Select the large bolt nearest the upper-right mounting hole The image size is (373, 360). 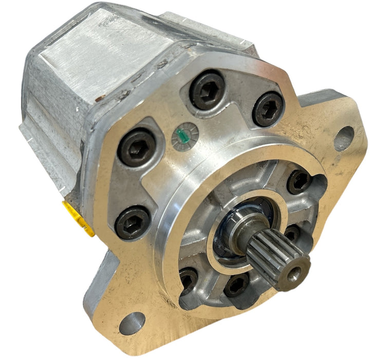[x=268, y=109]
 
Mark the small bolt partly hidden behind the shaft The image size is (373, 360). [x=292, y=234]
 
